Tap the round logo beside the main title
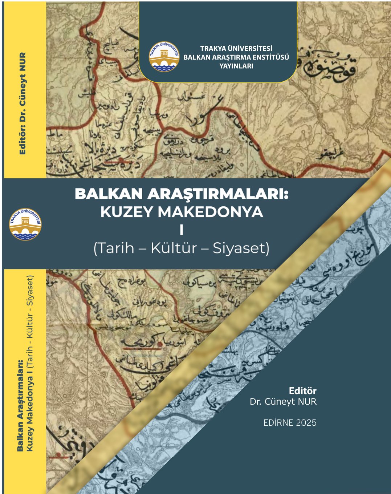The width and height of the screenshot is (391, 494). [x=25, y=224]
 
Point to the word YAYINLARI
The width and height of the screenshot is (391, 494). [x=236, y=66]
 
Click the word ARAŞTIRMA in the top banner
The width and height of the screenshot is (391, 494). [x=232, y=57]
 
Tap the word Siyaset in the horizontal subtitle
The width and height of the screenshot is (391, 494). [x=240, y=248]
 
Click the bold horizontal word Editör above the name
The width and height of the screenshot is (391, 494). [x=303, y=391]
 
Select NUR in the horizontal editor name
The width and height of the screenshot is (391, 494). [x=307, y=401]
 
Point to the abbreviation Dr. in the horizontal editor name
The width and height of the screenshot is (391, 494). [x=256, y=401]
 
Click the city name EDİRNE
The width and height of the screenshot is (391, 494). [x=278, y=423]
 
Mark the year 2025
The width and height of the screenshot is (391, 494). [x=306, y=423]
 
